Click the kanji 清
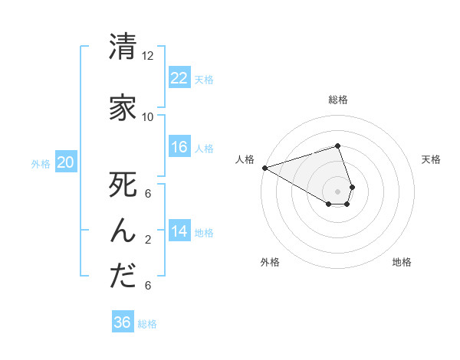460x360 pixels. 123,47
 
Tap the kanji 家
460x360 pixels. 123,108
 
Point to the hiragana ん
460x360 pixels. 123,231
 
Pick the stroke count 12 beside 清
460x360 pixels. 148,56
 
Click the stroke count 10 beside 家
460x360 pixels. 148,117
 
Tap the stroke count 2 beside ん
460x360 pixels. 148,240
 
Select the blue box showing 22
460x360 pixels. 179,78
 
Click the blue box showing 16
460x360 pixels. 179,147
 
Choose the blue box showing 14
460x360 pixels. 179,231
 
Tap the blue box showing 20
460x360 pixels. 66,162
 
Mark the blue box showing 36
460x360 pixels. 123,322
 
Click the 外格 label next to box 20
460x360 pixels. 41,163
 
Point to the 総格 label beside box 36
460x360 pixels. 147,324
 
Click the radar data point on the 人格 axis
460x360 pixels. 264,167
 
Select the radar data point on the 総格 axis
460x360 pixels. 337,146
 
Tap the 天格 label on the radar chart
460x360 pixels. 431,159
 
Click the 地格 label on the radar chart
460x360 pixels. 402,262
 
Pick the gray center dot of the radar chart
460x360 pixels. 337,191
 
